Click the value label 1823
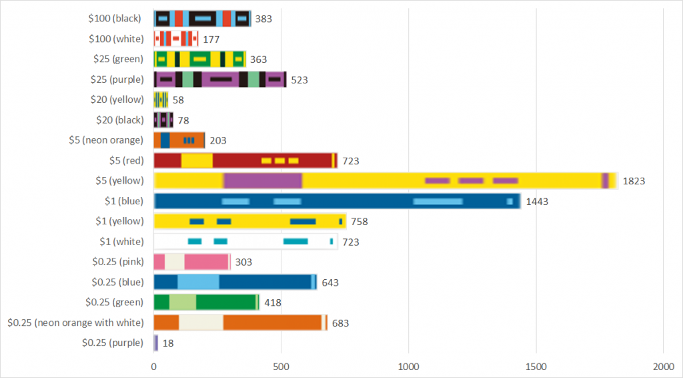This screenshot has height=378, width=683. click(x=634, y=181)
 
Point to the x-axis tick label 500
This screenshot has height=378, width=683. click(x=281, y=367)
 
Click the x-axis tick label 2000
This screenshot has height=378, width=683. click(x=663, y=367)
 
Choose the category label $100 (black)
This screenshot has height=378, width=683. click(x=115, y=19)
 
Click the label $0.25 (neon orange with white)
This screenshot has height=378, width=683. click(x=75, y=323)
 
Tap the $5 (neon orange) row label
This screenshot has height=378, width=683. click(x=106, y=140)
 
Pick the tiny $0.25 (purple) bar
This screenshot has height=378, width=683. click(x=156, y=343)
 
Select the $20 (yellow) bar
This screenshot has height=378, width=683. click(x=161, y=100)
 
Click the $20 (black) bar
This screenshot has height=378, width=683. click(x=163, y=120)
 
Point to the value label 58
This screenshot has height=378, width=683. click(x=177, y=100)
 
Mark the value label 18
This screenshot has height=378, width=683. click(x=167, y=343)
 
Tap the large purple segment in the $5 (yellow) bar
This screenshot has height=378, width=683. click(x=263, y=181)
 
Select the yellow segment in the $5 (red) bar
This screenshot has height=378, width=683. click(x=197, y=161)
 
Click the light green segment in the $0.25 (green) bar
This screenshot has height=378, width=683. click(x=183, y=303)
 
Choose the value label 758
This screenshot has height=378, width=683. click(x=359, y=222)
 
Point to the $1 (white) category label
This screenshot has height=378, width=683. click(x=121, y=242)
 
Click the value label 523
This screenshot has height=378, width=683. click(x=298, y=80)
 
